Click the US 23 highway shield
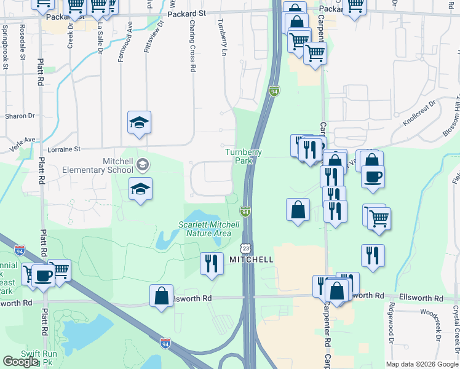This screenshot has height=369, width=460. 246,248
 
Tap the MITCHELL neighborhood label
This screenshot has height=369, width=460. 251,260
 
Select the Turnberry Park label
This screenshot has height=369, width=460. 244,156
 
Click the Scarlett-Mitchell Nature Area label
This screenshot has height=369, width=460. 205,229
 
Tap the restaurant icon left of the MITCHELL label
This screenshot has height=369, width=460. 211,263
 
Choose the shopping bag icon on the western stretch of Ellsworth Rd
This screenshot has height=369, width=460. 161,295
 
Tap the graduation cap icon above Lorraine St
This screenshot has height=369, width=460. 139,122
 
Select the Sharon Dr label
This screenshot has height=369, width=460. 20,116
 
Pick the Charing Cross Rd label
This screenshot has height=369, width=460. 192,49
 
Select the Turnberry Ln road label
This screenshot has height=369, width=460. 221,38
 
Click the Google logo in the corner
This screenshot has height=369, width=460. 20,362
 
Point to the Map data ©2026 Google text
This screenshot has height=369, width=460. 422,364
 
